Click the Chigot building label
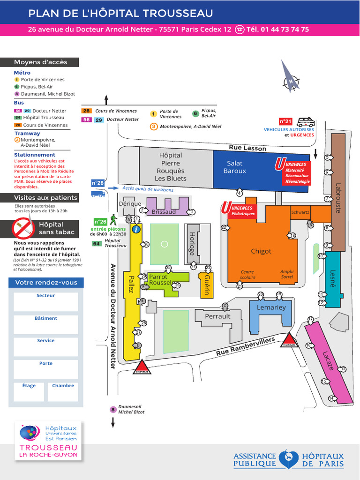pyautogui.click(x=261, y=251)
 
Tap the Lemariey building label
pyautogui.click(x=271, y=307)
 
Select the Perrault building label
pyautogui.click(x=217, y=316)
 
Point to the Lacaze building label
pyautogui.click(x=328, y=361)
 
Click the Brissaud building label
pyautogui.click(x=164, y=212)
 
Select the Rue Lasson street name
pyautogui.click(x=247, y=148)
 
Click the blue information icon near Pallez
pyautogui.click(x=136, y=229)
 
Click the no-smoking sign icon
pyautogui.click(x=23, y=228)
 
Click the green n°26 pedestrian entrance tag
pyautogui.click(x=100, y=222)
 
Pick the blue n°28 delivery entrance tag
pyautogui.click(x=97, y=183)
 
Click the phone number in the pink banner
pyautogui.click(x=277, y=29)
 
